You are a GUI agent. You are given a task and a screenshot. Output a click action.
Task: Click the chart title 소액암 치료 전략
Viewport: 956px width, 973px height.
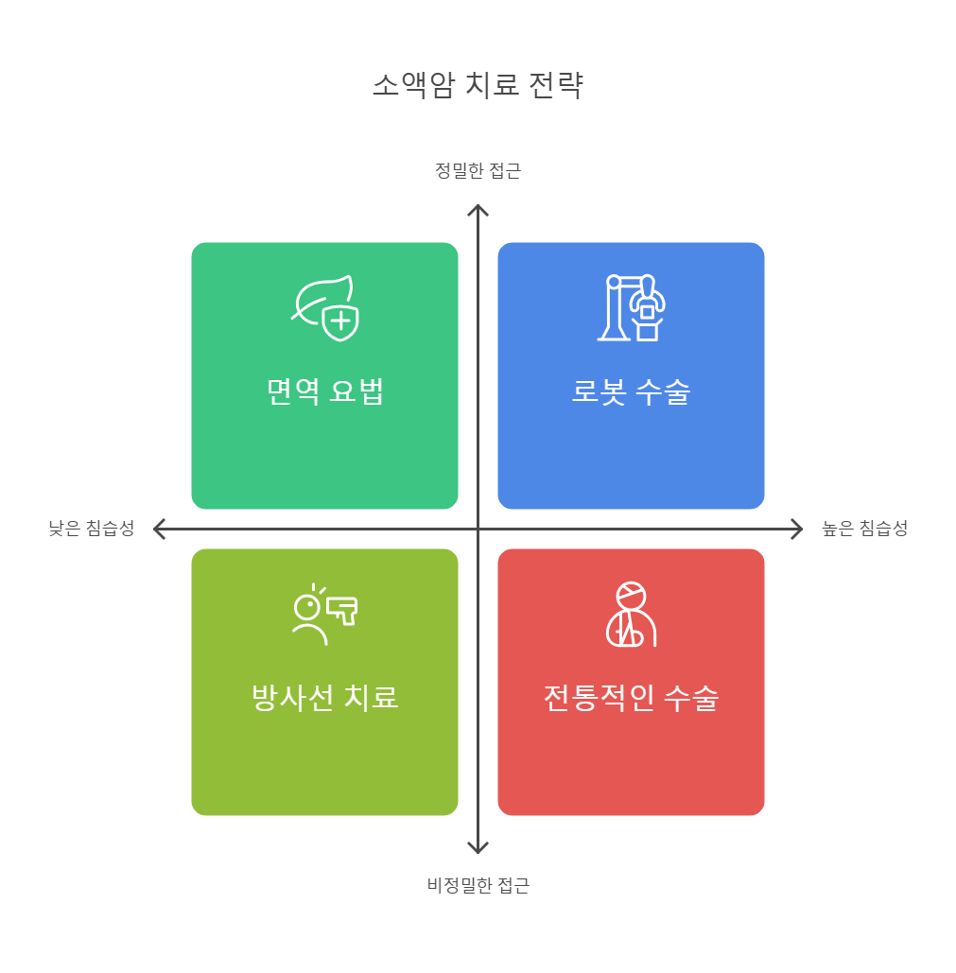click(x=478, y=86)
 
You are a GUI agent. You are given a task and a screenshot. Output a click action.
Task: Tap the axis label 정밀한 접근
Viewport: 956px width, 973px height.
click(x=478, y=171)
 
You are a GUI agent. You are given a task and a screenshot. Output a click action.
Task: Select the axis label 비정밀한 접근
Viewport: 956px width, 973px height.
click(x=478, y=886)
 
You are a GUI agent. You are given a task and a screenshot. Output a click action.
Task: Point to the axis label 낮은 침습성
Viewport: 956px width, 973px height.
click(x=92, y=529)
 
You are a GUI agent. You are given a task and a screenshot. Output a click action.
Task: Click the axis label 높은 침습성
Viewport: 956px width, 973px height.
click(x=864, y=529)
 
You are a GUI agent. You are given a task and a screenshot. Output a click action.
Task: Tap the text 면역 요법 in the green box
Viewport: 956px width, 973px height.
click(x=324, y=391)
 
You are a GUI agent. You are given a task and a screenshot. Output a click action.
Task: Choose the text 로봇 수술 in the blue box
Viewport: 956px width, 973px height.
click(x=631, y=391)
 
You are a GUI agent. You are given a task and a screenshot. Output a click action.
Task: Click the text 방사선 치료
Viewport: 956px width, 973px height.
click(x=324, y=698)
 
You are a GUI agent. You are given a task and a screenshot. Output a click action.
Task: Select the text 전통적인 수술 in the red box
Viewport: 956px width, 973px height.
click(x=631, y=698)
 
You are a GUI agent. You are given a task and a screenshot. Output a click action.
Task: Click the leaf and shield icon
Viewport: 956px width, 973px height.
click(x=324, y=307)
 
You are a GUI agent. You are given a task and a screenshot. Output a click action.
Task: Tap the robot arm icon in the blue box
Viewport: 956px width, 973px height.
click(x=631, y=307)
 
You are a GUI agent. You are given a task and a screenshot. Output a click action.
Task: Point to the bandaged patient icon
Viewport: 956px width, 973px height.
click(x=631, y=615)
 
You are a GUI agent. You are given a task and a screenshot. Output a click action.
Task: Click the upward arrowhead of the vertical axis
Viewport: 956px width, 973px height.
click(x=478, y=207)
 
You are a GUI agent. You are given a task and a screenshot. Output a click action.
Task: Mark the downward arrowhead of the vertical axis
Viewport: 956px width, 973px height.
click(x=478, y=849)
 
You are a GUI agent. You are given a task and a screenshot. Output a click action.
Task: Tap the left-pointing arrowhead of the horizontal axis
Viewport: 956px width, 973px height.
click(x=157, y=529)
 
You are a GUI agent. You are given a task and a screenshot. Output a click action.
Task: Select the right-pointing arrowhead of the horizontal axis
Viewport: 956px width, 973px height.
click(x=799, y=529)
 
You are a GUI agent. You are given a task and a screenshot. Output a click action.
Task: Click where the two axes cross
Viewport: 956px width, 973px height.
click(x=478, y=529)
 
